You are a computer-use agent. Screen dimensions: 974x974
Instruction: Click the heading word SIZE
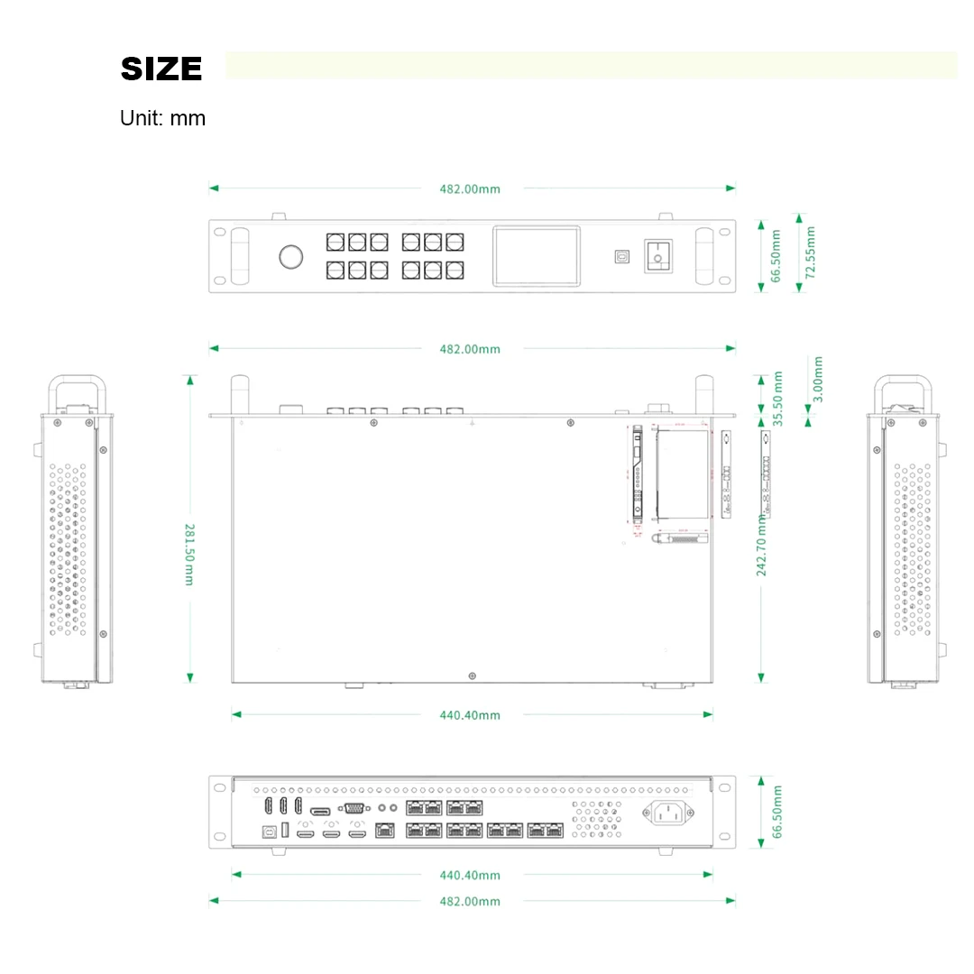pos(161,69)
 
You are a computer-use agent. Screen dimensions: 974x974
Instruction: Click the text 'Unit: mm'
pos(162,118)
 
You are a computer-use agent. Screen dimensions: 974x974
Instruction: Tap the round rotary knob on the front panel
pos(291,257)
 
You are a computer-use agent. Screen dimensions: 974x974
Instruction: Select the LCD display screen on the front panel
pos(536,256)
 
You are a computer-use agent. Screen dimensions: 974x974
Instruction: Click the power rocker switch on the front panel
pos(657,256)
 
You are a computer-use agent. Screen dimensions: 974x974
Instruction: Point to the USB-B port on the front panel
pos(621,256)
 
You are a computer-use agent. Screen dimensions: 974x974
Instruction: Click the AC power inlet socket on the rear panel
pos(667,813)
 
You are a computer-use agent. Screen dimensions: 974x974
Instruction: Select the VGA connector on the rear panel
pos(354,809)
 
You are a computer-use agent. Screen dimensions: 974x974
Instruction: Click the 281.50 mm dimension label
pos(189,554)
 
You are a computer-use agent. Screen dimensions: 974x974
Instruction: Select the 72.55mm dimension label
pos(810,253)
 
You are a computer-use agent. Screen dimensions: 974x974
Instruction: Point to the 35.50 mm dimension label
pos(778,398)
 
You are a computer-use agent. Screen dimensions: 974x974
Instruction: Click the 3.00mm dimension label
pos(817,379)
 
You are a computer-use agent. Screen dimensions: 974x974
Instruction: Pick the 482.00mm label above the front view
pos(470,189)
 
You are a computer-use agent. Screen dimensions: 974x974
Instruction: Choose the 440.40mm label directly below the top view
pos(470,715)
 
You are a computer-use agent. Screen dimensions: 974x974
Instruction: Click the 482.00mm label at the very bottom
pos(470,901)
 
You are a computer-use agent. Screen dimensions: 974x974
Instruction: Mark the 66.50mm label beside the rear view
pos(778,812)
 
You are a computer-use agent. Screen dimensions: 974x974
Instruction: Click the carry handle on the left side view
pos(78,390)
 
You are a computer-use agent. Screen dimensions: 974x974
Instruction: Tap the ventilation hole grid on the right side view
pos(913,550)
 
